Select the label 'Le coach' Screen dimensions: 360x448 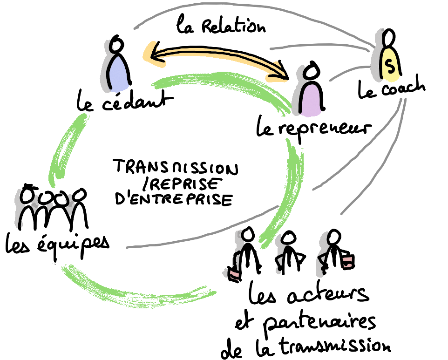coord(391,88)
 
